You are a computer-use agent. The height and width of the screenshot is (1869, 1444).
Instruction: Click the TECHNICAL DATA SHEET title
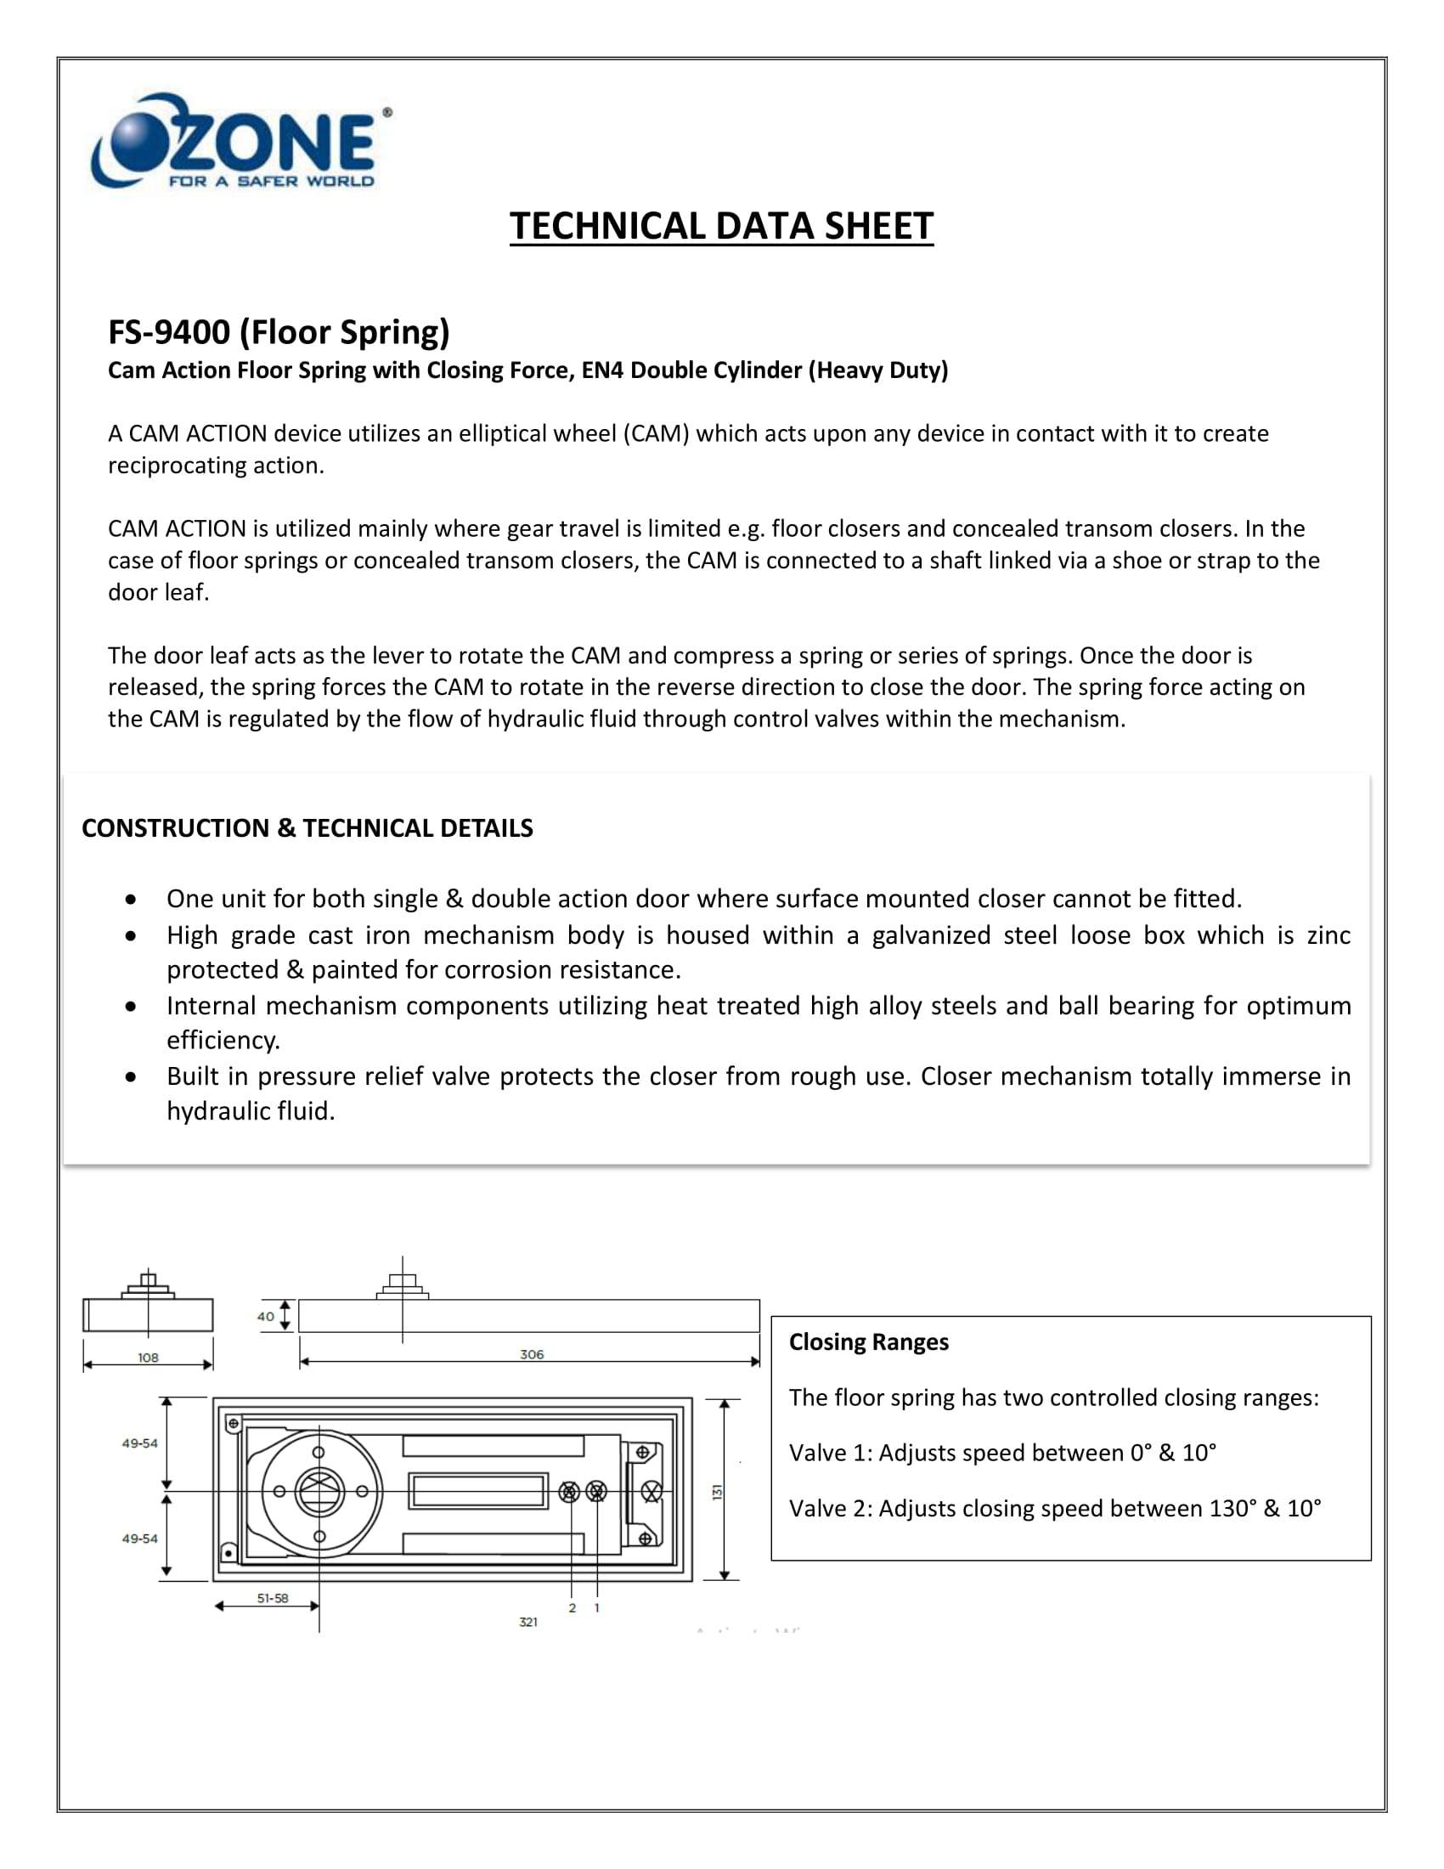point(721,227)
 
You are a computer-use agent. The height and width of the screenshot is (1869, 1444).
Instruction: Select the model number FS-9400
point(168,332)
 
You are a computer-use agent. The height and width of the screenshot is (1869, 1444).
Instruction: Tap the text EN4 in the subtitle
point(602,370)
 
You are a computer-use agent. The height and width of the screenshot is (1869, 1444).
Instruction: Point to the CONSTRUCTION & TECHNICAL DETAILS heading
point(307,828)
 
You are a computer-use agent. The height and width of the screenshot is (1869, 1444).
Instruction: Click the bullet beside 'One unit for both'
point(130,901)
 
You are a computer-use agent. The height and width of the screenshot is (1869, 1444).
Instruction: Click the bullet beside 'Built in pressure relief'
point(130,1077)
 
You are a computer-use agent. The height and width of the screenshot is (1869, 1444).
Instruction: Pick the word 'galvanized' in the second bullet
point(931,935)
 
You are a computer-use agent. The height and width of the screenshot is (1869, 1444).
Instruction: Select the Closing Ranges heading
point(868,1341)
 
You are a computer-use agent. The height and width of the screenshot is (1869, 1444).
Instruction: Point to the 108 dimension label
point(148,1358)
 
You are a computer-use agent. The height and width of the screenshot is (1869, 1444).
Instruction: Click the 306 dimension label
point(531,1355)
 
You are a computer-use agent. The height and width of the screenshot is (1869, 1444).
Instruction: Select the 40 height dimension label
point(266,1317)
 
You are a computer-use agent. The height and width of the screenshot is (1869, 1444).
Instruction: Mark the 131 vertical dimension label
point(718,1493)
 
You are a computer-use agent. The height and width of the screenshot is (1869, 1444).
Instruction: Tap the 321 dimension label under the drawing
point(527,1623)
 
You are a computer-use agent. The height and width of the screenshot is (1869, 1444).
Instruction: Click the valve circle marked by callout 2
point(570,1493)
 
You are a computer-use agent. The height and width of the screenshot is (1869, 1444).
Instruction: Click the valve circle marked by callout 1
point(596,1493)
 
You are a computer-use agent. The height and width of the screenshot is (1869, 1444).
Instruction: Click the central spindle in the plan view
point(319,1492)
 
